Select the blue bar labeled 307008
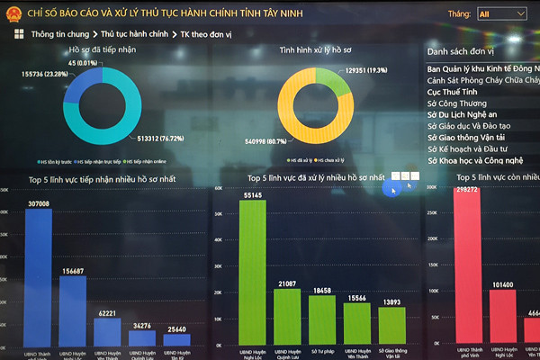[x=38, y=279]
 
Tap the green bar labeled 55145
[x=253, y=274]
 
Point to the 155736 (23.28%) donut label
[x=46, y=73]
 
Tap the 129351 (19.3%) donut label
[x=365, y=69]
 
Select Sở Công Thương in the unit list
[x=458, y=104]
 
